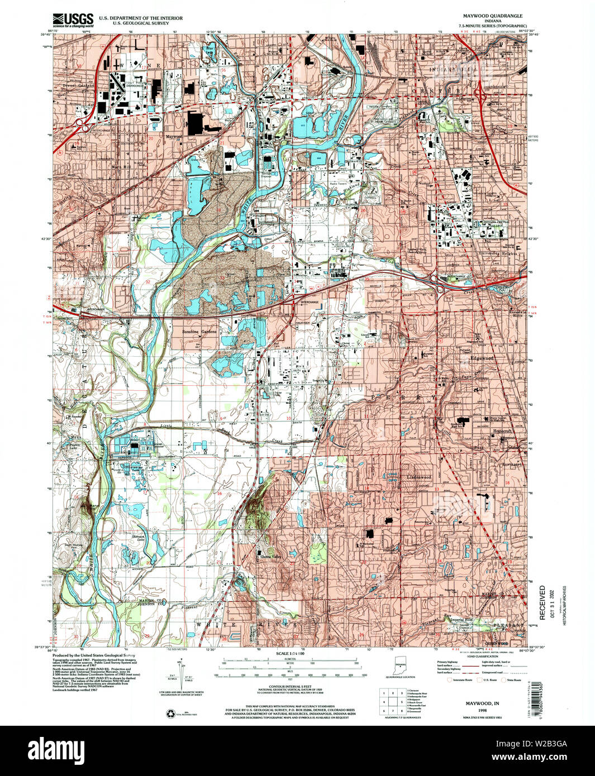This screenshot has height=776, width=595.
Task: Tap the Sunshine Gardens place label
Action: (199, 332)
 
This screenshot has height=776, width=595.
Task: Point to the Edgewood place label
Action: (482, 358)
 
